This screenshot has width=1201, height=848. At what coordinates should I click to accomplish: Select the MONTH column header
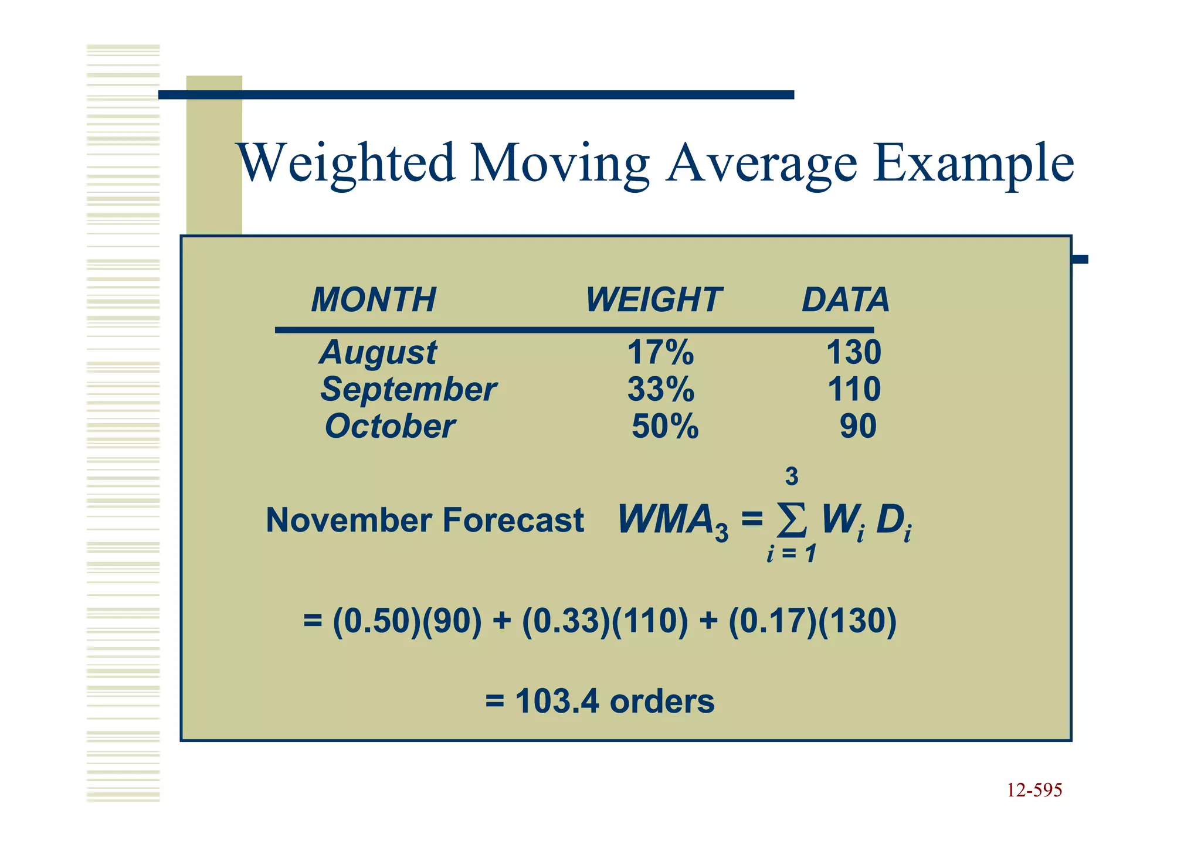click(x=374, y=300)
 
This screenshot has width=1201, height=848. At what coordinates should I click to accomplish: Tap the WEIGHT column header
click(x=653, y=300)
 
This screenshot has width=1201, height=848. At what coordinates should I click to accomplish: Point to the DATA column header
click(x=845, y=300)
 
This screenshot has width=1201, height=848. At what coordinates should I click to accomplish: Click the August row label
click(x=378, y=353)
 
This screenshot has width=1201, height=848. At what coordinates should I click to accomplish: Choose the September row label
click(x=408, y=390)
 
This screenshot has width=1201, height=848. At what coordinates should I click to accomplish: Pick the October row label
click(x=390, y=426)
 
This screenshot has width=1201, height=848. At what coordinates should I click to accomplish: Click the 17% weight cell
click(x=660, y=353)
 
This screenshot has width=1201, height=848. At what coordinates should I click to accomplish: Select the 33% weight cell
click(x=661, y=390)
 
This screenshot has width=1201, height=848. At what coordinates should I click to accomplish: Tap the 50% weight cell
click(x=665, y=426)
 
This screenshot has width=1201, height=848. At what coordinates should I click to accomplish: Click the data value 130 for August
click(x=853, y=353)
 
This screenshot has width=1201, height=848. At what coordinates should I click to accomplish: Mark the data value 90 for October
click(x=858, y=426)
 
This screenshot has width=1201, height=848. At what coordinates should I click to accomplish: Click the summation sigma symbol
click(x=791, y=519)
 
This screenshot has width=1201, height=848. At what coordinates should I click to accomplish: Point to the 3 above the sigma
click(x=792, y=476)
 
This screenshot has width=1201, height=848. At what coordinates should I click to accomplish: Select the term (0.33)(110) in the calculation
click(x=605, y=621)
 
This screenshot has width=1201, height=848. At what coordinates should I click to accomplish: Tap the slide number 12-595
click(x=1034, y=790)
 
